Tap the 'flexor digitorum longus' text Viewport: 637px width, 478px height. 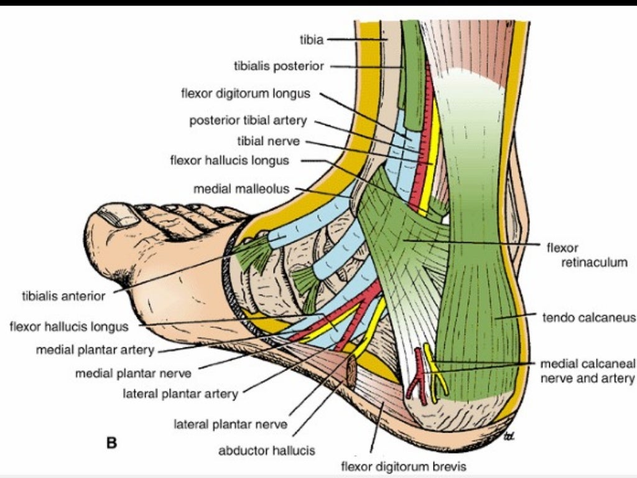click(245, 94)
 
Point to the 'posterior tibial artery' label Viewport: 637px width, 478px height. click(248, 121)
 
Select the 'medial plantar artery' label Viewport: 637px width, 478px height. click(95, 350)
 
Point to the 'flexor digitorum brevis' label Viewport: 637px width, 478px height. click(403, 466)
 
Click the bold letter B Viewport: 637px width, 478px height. click(112, 443)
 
